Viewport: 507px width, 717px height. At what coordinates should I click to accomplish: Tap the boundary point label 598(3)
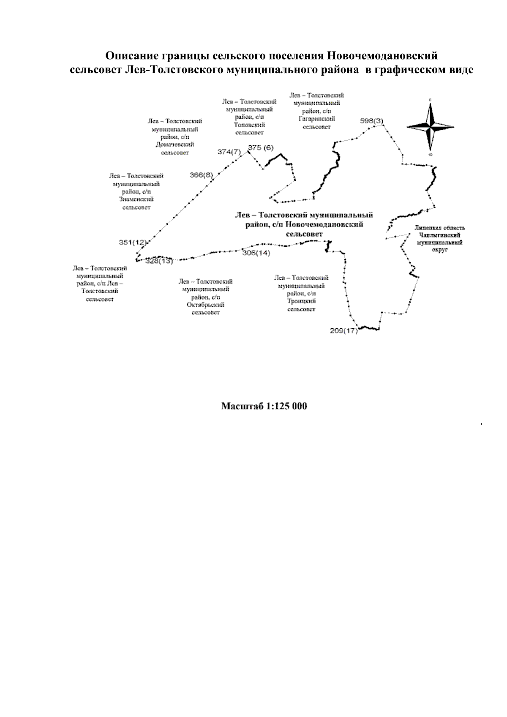click(371, 121)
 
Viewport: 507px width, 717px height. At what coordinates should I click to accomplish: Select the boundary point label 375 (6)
click(261, 147)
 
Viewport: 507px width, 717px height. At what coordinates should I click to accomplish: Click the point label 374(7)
click(229, 151)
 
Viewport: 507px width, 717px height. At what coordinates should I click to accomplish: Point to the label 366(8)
click(201, 175)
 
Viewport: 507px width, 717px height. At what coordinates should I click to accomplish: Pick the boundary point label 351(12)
click(133, 243)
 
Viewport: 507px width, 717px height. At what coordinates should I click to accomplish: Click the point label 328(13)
click(159, 261)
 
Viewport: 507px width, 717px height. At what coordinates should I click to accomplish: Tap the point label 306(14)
click(256, 253)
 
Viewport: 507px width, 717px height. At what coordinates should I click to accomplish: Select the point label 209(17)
click(343, 330)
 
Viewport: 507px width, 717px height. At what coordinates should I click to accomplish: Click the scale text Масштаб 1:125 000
click(264, 406)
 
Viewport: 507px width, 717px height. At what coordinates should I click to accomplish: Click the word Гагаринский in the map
click(317, 119)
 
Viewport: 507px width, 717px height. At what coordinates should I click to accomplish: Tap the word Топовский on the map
click(249, 125)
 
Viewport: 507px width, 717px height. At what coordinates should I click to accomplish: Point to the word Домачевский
click(175, 144)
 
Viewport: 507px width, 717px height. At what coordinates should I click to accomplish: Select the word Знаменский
click(136, 199)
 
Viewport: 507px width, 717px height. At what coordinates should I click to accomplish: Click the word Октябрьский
click(205, 305)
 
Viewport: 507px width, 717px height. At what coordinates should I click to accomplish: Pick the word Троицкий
click(301, 301)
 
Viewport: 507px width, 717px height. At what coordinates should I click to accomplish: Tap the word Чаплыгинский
click(440, 235)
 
